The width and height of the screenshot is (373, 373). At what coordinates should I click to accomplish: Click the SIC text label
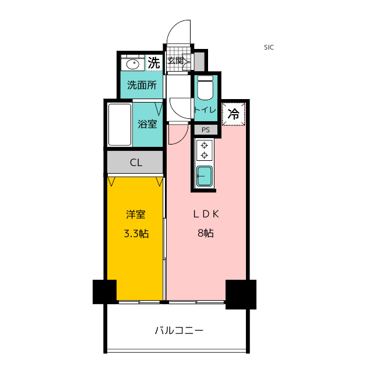point(269,48)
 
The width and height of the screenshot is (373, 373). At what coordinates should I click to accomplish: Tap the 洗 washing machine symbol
point(153,62)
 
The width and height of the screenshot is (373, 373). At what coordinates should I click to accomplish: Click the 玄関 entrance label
point(175,61)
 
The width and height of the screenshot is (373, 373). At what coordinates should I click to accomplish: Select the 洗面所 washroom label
point(142,85)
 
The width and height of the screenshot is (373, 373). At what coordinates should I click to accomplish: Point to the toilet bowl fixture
point(205,88)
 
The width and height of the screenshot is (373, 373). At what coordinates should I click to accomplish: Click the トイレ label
point(205,110)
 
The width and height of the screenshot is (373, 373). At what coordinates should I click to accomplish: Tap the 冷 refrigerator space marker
point(233,114)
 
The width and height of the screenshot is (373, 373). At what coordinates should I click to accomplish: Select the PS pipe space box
point(205,130)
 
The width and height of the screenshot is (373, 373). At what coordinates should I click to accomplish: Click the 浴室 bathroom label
point(147,124)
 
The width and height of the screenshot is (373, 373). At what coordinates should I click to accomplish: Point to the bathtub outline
point(119,124)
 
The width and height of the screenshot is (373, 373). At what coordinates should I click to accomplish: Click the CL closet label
point(136,163)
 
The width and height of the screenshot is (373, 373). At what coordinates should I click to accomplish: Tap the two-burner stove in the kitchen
point(205,150)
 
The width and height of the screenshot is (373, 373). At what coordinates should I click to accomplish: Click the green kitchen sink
point(205,176)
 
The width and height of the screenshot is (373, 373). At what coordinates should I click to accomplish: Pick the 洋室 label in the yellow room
point(135,214)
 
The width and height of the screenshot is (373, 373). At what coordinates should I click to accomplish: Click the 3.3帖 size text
point(135,234)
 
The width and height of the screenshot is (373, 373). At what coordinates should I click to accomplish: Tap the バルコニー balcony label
point(179,330)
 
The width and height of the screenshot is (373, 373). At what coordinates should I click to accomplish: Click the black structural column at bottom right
point(241,294)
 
